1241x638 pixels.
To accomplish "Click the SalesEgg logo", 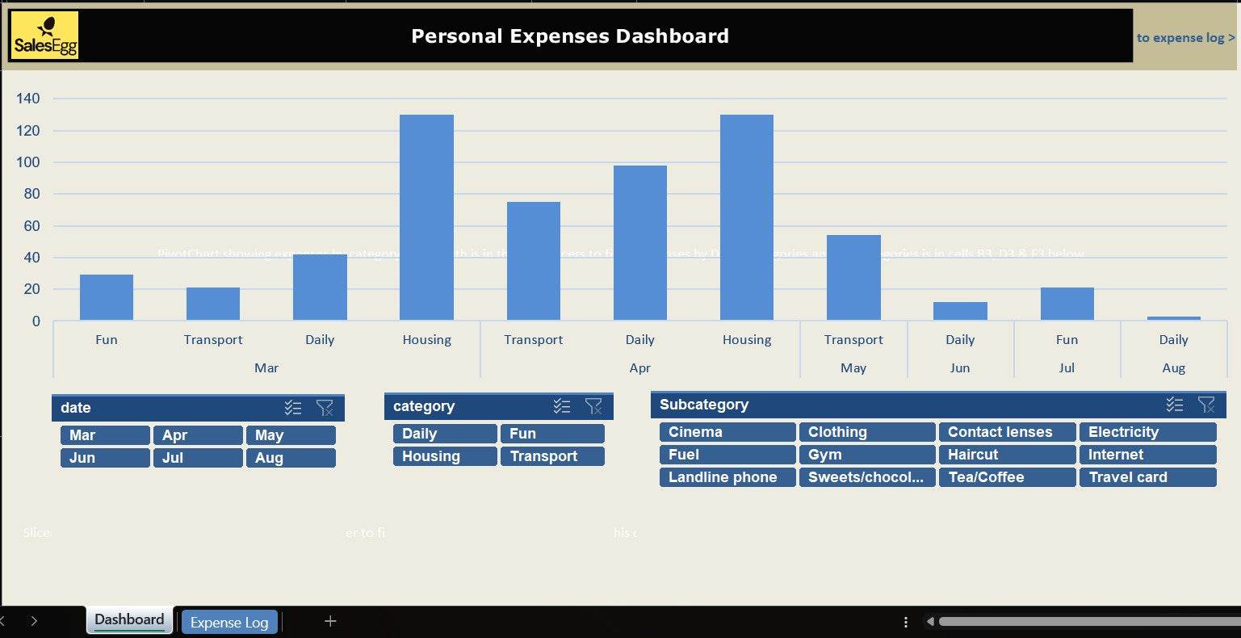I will click(45, 36).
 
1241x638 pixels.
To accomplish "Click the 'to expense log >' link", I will click(1185, 37).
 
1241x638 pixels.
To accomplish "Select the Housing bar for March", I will click(426, 217).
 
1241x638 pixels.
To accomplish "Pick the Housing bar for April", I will click(746, 217).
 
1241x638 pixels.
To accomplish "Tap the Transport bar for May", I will click(853, 278).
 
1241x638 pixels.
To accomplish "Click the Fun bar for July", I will click(1067, 304).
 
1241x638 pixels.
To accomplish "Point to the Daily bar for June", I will click(960, 312).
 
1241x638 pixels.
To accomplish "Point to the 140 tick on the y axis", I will click(28, 99).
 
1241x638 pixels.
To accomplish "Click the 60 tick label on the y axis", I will click(31, 226).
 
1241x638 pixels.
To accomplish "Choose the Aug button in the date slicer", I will click(290, 458).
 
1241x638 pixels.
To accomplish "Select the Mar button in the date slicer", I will click(104, 435).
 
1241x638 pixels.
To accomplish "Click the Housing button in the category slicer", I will click(444, 456).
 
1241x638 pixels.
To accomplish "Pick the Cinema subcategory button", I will click(727, 432).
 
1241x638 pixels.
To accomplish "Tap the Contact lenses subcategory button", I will click(1006, 432).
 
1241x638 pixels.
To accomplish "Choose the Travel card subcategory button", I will click(1147, 477).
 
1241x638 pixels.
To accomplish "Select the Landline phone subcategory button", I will click(727, 477).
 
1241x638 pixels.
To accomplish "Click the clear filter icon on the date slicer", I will click(325, 408).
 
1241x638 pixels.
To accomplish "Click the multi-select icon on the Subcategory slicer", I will click(1175, 405).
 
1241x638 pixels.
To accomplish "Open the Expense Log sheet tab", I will click(229, 623).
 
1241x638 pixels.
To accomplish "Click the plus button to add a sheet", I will click(330, 621).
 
